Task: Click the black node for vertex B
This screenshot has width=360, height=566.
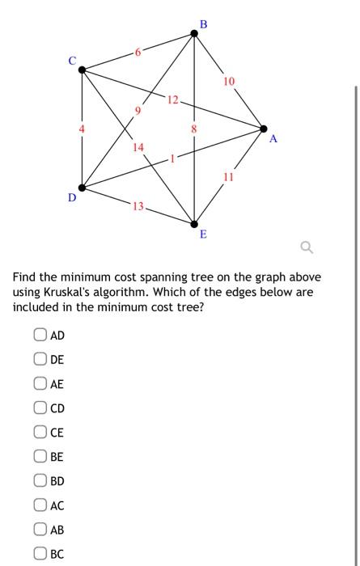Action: pyautogui.click(x=193, y=32)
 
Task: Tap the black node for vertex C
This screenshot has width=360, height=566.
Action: pyautogui.click(x=82, y=70)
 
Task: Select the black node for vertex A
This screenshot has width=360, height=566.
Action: pyautogui.click(x=263, y=128)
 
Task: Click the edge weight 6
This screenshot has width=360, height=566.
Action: pyautogui.click(x=138, y=52)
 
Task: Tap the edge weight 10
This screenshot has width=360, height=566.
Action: pyautogui.click(x=230, y=81)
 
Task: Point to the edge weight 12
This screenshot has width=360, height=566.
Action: pyautogui.click(x=172, y=99)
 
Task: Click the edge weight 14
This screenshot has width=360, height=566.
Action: pyautogui.click(x=138, y=146)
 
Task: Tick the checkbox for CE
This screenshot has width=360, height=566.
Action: pyautogui.click(x=40, y=433)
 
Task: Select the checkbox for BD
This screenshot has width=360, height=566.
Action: pyautogui.click(x=40, y=481)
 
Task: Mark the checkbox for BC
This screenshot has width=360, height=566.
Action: pyautogui.click(x=40, y=554)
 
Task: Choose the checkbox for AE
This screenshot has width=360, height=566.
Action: pyautogui.click(x=40, y=384)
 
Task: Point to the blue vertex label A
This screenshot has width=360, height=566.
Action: pyautogui.click(x=273, y=139)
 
